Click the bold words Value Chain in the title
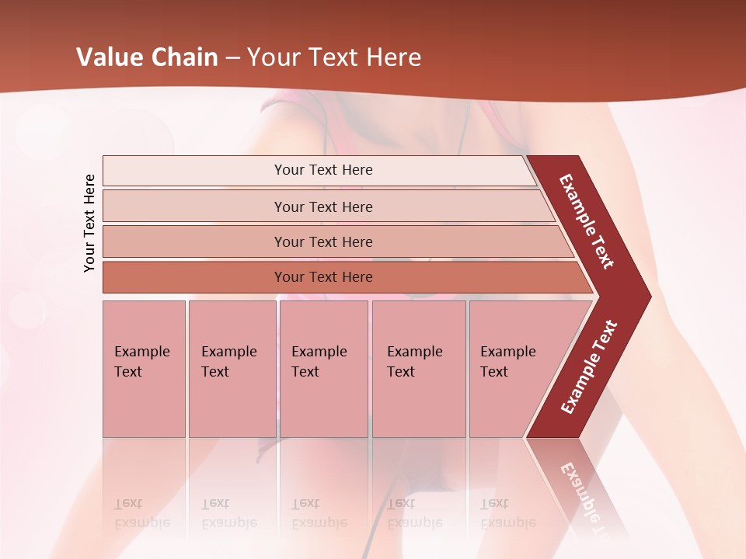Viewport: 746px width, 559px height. pos(147,57)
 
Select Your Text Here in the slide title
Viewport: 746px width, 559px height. pos(334,57)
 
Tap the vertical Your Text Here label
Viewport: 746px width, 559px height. pos(89,223)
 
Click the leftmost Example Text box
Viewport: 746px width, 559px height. pos(144,369)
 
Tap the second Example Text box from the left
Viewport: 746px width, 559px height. pos(232,369)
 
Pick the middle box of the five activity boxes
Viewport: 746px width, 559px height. pos(323,369)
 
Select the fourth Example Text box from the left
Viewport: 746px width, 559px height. pos(419,369)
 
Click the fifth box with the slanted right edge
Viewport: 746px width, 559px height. pos(513,369)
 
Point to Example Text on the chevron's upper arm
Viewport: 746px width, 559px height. pos(587,221)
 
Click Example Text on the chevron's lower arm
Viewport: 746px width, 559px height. pos(589,367)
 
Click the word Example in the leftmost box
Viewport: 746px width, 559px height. pos(141,352)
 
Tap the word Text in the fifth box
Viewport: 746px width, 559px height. pos(493,372)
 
